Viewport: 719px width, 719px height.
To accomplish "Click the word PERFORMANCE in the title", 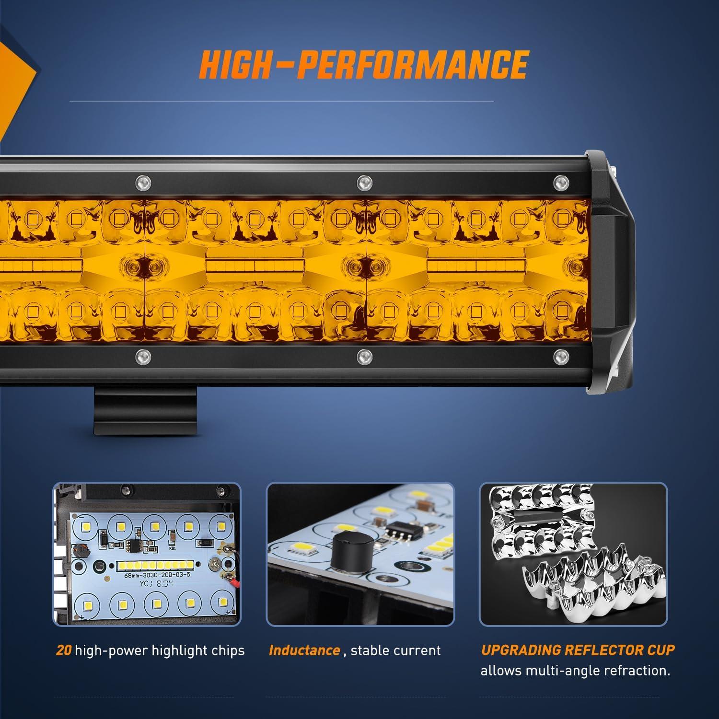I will tap(412, 63).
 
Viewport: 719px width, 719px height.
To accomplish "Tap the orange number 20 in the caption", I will tap(64, 650).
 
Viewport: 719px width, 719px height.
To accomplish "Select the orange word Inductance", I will tap(304, 650).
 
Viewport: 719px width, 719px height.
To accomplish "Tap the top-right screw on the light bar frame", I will tap(559, 182).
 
